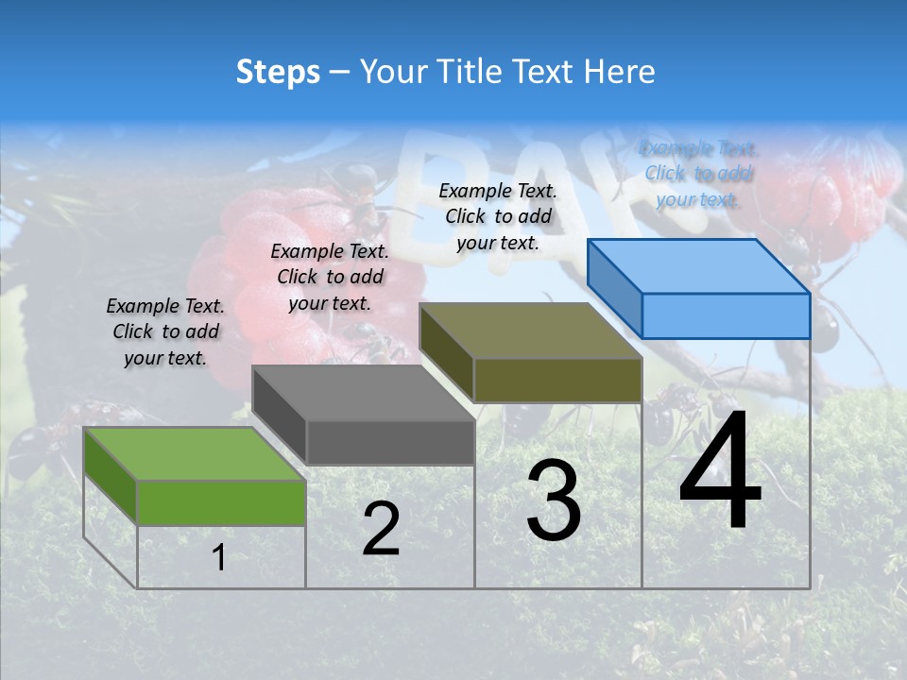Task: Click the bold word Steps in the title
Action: [x=278, y=72]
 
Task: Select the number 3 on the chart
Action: [x=554, y=501]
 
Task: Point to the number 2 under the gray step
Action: [x=381, y=530]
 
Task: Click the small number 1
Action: [x=219, y=558]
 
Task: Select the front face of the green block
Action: [x=221, y=502]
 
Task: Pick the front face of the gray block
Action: [x=390, y=442]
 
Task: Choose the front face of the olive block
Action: [x=557, y=380]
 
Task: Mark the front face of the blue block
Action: [x=726, y=315]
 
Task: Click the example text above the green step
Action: [x=165, y=332]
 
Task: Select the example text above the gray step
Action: [x=330, y=277]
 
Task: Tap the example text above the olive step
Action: [x=498, y=216]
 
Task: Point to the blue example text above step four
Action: [x=697, y=174]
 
